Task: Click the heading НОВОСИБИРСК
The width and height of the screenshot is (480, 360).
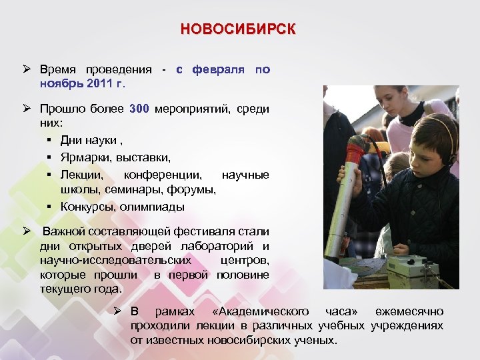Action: tap(238, 30)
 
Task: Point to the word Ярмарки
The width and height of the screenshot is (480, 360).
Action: tap(84, 157)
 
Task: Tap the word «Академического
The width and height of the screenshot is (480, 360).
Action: tap(259, 311)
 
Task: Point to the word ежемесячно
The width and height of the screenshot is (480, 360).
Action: tap(409, 311)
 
